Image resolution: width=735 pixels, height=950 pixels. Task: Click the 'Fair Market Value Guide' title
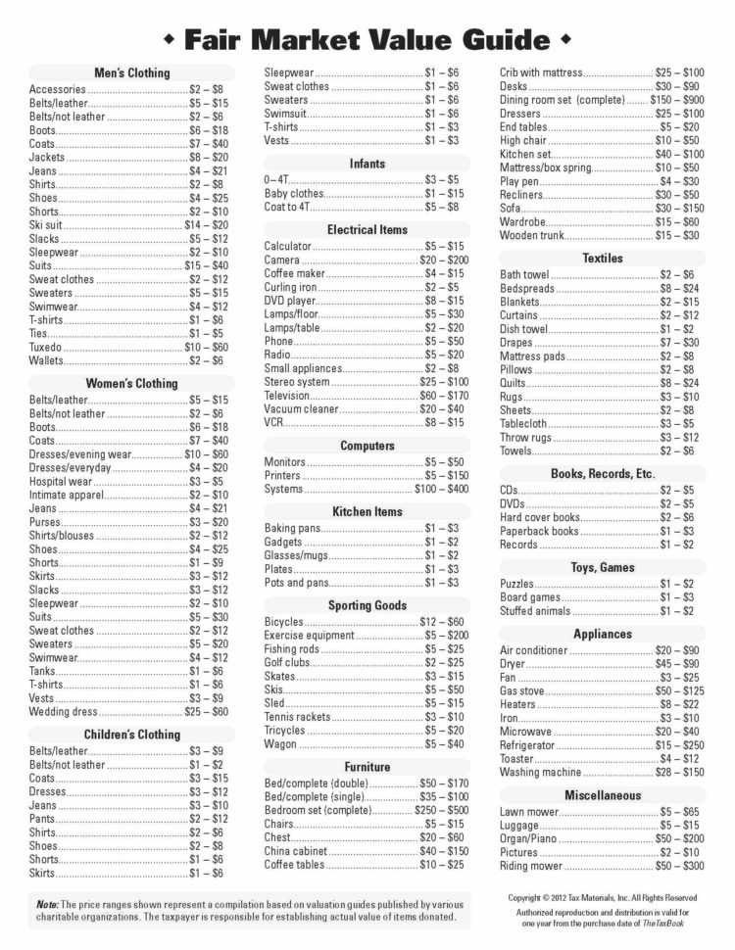point(367,39)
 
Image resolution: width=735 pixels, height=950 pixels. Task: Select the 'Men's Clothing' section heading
point(132,72)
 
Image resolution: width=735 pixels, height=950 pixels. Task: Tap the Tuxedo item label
point(46,347)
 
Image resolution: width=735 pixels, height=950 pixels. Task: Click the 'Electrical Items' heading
point(367,229)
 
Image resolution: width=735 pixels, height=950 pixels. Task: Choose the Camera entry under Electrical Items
point(282,260)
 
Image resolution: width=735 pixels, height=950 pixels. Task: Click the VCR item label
point(273,422)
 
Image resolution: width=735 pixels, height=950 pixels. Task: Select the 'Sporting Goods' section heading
point(367,605)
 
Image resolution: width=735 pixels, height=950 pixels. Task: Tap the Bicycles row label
point(284,622)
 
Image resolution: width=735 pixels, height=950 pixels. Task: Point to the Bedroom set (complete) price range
point(442,810)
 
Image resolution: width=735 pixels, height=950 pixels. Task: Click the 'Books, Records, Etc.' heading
point(603,474)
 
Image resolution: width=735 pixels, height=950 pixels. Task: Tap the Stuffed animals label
point(535,611)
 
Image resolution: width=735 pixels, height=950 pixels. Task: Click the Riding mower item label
point(531,866)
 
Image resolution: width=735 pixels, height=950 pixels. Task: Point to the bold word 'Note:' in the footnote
point(47,904)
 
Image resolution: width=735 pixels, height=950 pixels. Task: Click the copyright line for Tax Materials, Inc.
point(603,897)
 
